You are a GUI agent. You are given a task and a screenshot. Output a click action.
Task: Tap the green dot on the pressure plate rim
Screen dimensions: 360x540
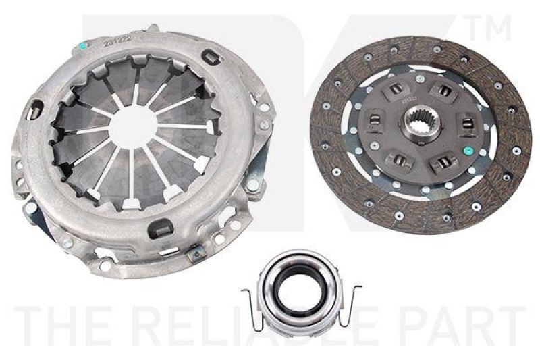[x=83, y=46]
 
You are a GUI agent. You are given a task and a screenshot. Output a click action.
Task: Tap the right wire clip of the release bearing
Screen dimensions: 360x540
[x=351, y=297]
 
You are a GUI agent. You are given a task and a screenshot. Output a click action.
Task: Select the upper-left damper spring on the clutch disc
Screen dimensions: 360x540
[x=398, y=88]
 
